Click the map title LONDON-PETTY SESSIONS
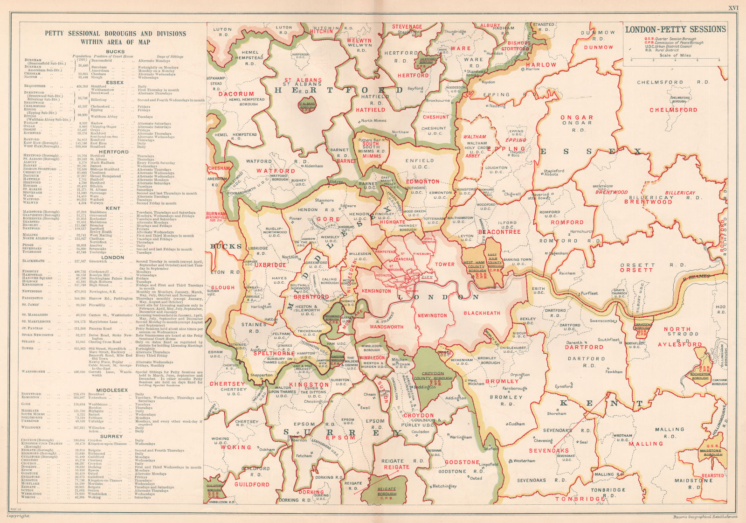[675, 29]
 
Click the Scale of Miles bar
[675, 60]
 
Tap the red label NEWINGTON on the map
[432, 316]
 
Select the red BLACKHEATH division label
[482, 314]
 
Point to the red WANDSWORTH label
[386, 327]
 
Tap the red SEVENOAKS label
[548, 451]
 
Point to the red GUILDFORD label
[252, 485]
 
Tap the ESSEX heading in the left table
[115, 83]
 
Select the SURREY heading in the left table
[115, 436]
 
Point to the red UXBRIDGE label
[270, 265]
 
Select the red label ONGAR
[577, 118]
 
